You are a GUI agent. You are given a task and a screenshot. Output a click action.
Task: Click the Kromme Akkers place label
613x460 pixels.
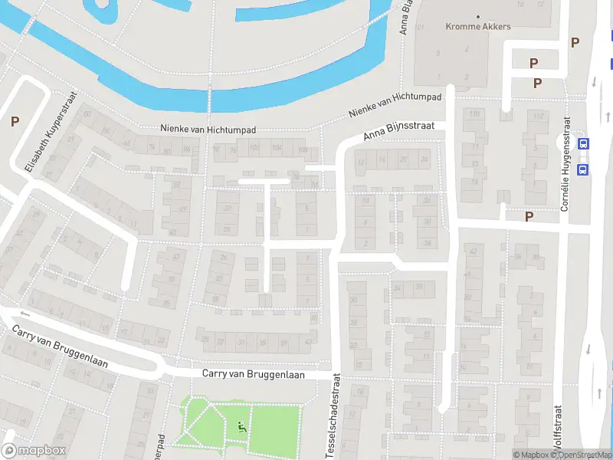[478, 26]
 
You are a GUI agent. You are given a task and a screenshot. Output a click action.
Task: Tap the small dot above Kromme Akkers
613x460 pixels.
[478, 15]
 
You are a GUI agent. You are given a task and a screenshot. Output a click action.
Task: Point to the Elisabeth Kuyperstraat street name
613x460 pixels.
[41, 148]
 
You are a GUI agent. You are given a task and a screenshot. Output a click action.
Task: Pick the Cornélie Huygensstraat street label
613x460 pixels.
[565, 164]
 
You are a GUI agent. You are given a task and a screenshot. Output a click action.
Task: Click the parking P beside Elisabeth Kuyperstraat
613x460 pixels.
[15, 121]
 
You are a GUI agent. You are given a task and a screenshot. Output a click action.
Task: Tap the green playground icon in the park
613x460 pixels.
[243, 427]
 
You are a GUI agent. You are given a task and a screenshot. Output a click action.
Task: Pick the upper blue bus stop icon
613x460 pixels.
[584, 143]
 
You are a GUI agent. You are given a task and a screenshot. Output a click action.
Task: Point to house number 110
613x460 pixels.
[474, 114]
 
